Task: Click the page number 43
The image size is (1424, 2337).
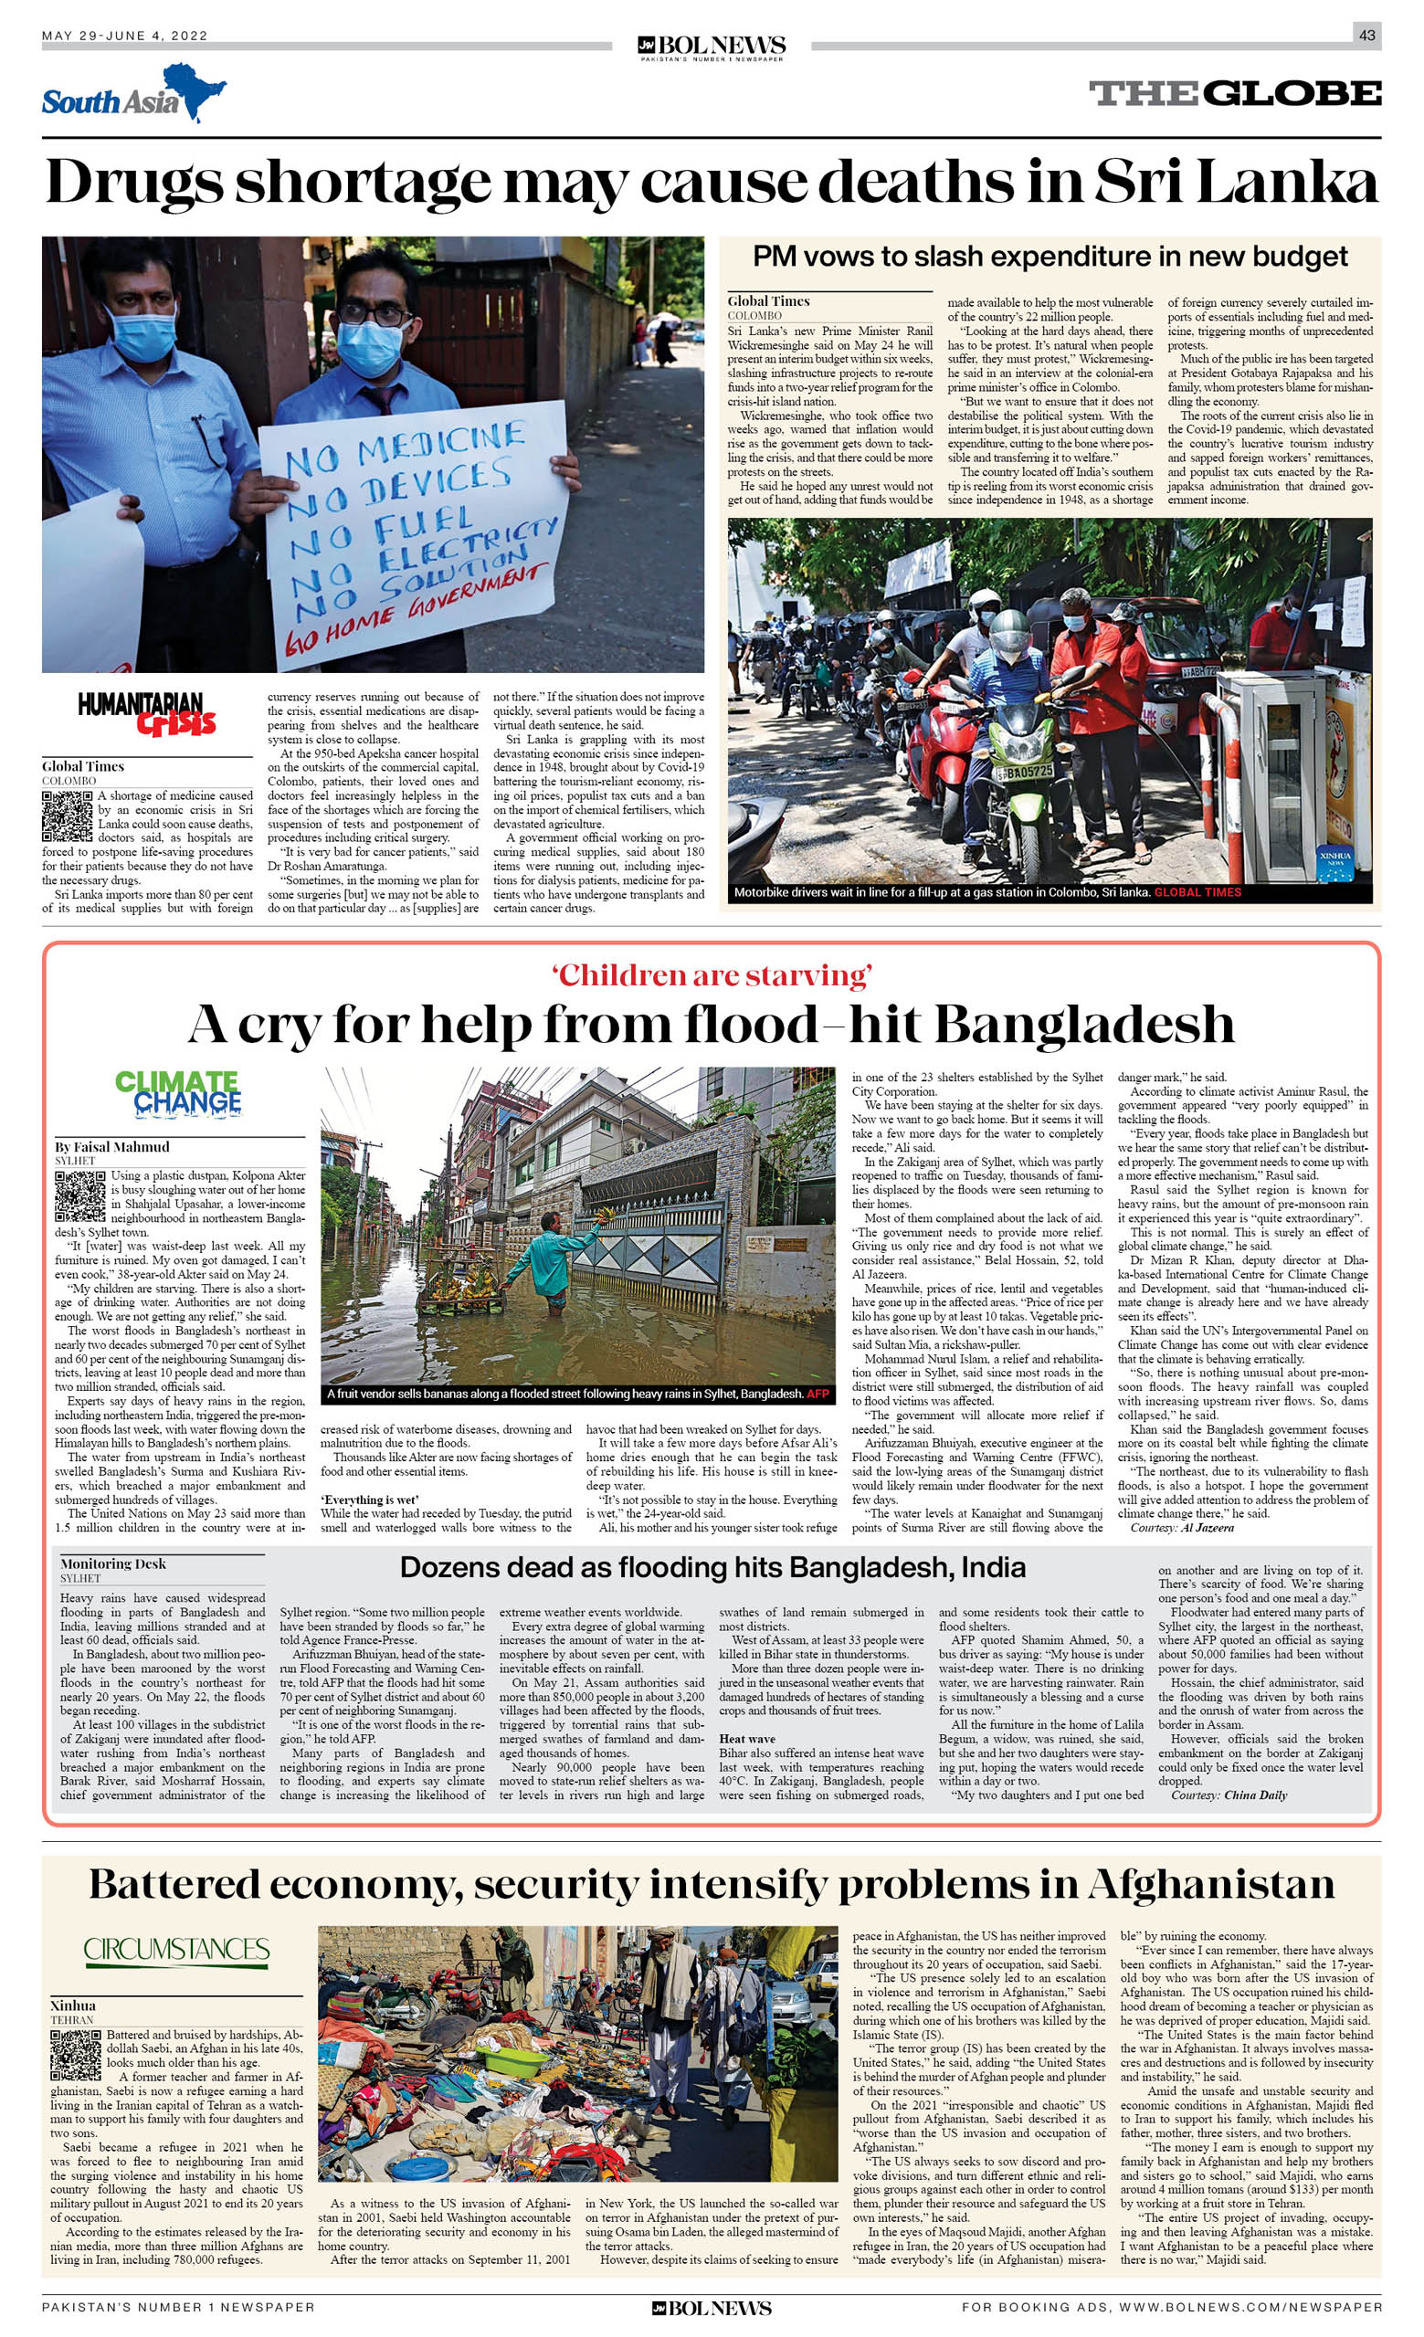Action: click(x=1366, y=35)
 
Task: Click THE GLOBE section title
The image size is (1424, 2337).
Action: click(x=1234, y=93)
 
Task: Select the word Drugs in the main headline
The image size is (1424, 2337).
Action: click(x=132, y=181)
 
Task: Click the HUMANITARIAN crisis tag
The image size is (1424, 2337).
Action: click(x=147, y=714)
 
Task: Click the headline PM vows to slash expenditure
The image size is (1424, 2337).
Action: click(x=1050, y=257)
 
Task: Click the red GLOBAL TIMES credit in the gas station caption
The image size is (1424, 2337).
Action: click(x=1197, y=892)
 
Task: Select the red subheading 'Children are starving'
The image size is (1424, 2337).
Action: click(x=712, y=975)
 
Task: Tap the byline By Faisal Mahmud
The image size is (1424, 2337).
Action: click(x=112, y=1147)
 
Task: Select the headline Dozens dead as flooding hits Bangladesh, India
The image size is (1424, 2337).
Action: click(x=712, y=1567)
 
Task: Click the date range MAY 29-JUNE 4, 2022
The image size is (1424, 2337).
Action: click(x=124, y=36)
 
